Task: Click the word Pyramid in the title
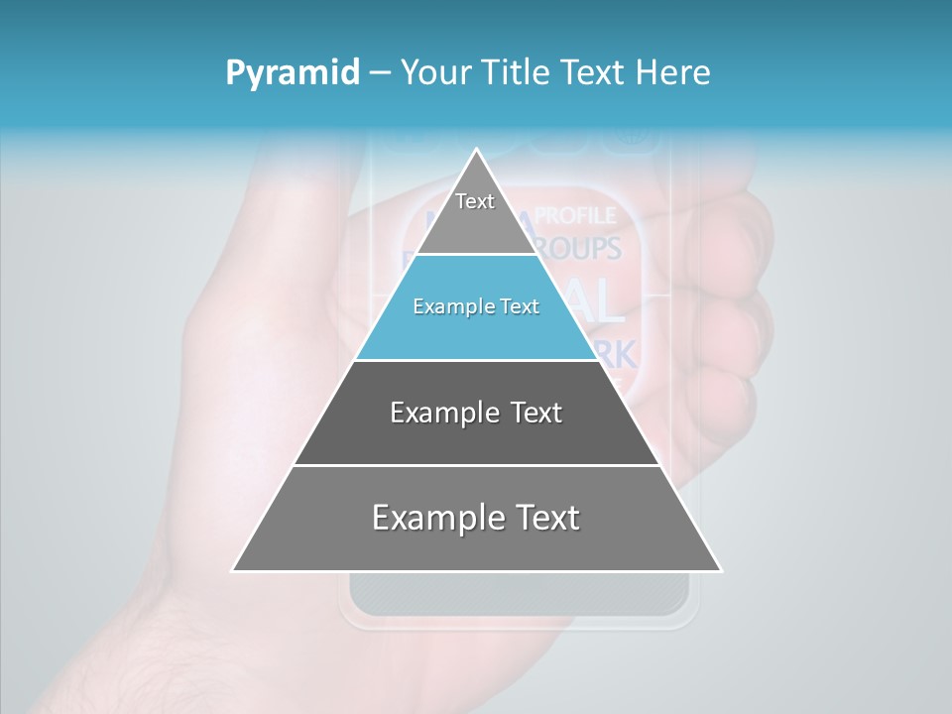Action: tap(292, 73)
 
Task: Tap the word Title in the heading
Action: tap(520, 73)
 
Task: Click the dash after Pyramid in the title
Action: tap(380, 73)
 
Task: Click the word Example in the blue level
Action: tap(446, 307)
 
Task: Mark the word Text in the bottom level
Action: tap(542, 518)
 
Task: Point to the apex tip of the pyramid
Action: tap(476, 151)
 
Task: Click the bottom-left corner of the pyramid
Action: tap(235, 569)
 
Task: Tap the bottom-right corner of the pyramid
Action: tap(719, 569)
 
